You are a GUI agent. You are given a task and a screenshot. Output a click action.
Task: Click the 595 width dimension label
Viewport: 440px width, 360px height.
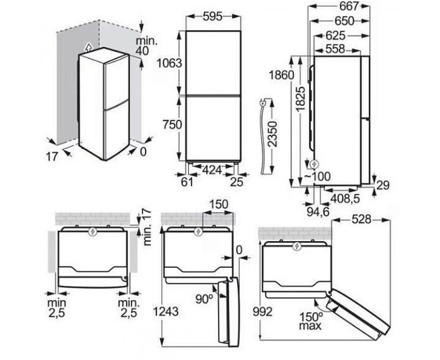coord(212,17)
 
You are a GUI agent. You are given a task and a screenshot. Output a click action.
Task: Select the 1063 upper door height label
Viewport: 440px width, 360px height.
coord(169,63)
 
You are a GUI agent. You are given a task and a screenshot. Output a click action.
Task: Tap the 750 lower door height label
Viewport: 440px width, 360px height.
coord(173,124)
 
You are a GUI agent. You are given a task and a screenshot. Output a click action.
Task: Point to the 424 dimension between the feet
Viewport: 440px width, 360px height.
coord(212,170)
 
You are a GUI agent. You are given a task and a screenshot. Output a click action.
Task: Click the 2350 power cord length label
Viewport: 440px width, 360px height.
coord(272,134)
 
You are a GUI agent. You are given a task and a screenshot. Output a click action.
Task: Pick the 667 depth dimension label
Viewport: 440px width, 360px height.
coord(349,6)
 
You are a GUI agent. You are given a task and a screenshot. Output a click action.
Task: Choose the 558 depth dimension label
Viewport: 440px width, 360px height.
coord(335,49)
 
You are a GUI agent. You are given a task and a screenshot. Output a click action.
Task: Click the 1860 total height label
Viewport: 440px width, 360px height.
coord(281,75)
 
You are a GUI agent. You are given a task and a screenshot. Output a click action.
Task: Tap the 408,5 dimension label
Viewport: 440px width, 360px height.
coord(345,198)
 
